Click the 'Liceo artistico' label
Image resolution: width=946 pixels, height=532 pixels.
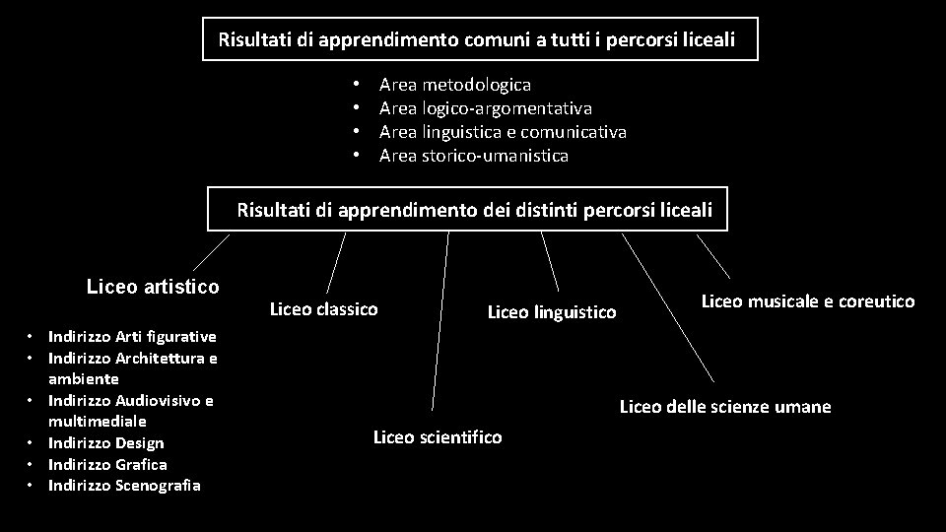(153, 287)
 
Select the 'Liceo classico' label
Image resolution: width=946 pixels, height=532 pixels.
(323, 309)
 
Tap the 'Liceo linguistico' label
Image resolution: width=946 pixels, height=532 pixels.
(552, 312)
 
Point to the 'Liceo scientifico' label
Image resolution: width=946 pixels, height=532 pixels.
(437, 437)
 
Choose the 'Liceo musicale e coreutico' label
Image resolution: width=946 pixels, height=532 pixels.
(807, 301)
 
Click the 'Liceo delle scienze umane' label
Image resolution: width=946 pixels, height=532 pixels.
(724, 407)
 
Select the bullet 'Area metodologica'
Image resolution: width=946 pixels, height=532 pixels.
(454, 86)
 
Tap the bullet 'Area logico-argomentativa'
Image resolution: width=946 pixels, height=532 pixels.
(485, 108)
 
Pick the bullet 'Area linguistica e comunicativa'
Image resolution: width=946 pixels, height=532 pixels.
(503, 132)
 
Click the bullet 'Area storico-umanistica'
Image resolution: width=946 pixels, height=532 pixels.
(473, 156)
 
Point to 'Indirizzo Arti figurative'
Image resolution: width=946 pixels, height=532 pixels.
(131, 336)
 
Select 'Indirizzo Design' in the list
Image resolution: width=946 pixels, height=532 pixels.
(105, 443)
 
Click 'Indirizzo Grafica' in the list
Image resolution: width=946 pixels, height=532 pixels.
(107, 464)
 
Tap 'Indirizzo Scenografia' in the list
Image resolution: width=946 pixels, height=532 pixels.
(123, 485)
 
